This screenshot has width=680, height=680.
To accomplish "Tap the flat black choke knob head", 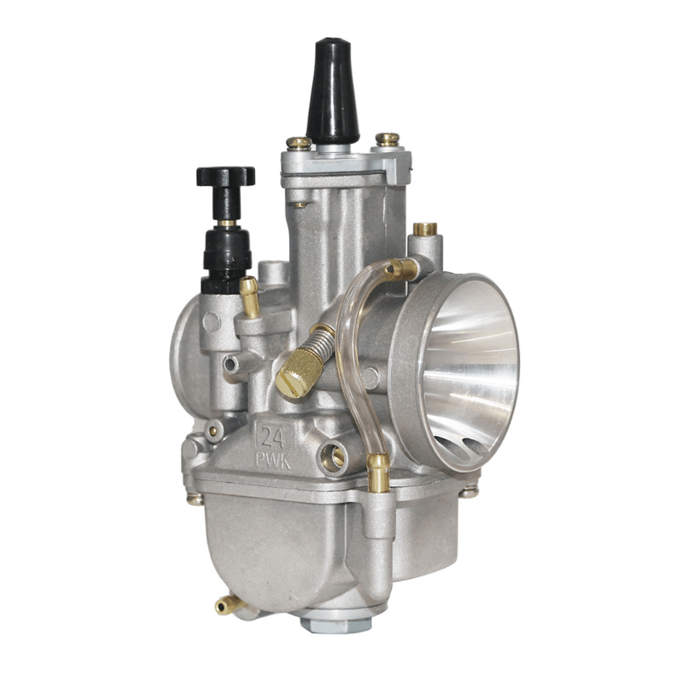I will pyautogui.click(x=225, y=176).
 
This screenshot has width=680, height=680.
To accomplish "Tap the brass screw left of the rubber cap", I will pyautogui.click(x=298, y=144).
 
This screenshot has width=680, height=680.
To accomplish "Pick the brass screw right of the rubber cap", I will pyautogui.click(x=388, y=139).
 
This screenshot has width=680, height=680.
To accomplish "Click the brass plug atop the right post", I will pyautogui.click(x=425, y=229).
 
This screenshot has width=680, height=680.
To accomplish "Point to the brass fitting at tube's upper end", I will pyautogui.click(x=403, y=270).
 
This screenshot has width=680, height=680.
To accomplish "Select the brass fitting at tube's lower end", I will pyautogui.click(x=378, y=472).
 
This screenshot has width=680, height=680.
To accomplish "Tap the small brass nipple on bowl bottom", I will pyautogui.click(x=225, y=605).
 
